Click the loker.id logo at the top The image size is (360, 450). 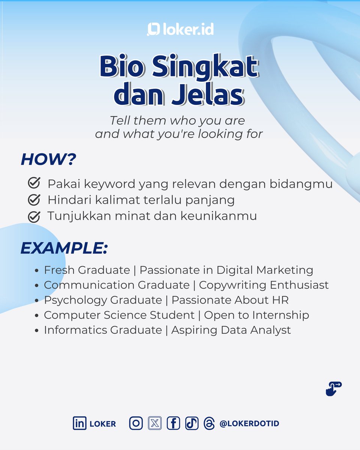(180, 29)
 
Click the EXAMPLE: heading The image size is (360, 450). (64, 248)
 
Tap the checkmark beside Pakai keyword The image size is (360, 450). (34, 184)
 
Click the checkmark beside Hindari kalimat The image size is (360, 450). (34, 200)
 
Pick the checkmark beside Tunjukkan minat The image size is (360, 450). (34, 216)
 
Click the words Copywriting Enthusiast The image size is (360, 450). (264, 285)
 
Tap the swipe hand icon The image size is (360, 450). (333, 389)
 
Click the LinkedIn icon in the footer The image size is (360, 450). (79, 423)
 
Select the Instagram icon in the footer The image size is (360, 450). (136, 423)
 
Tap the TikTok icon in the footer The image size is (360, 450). (191, 423)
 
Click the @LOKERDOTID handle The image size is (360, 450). (249, 424)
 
